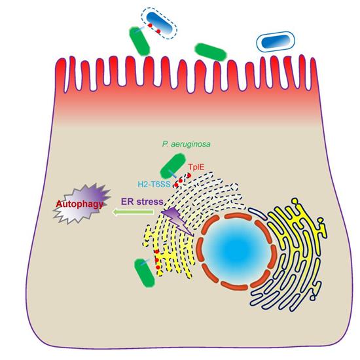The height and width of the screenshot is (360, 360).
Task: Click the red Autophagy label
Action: [80, 204]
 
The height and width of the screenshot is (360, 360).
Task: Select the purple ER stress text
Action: [142, 202]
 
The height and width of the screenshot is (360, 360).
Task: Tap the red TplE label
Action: [196, 167]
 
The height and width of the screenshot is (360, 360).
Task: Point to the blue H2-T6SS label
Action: [154, 184]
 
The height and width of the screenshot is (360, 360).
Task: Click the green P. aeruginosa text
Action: [186, 144]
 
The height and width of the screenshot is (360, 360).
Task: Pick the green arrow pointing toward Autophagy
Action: [133, 212]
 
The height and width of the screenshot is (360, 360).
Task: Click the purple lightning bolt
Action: [177, 221]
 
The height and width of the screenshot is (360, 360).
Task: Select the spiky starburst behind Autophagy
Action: [82, 203]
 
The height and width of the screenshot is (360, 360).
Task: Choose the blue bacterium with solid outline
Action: [276, 41]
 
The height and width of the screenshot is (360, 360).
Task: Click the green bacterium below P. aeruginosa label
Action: [173, 166]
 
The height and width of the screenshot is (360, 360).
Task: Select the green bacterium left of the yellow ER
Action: [145, 273]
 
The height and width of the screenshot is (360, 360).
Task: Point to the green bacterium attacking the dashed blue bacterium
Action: [139, 41]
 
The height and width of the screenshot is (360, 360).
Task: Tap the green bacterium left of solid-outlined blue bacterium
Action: [211, 52]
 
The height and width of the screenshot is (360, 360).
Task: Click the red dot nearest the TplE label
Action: [189, 175]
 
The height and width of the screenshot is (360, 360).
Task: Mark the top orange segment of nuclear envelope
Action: [238, 216]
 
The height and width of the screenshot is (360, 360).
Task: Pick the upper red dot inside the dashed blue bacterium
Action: [150, 26]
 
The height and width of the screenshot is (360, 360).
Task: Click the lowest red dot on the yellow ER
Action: [158, 267]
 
